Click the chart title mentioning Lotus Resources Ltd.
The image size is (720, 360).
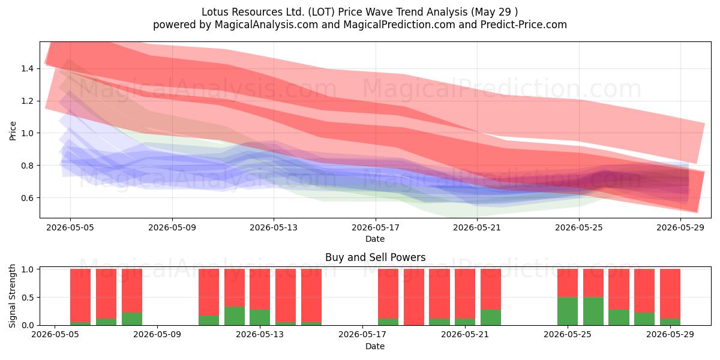(x=359, y=12)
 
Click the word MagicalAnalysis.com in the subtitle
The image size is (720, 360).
(x=266, y=25)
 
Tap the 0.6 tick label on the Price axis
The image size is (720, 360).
(x=28, y=197)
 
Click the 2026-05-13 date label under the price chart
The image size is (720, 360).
(x=274, y=227)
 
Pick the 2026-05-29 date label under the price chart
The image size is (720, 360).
(x=680, y=227)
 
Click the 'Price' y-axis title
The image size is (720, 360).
(x=13, y=131)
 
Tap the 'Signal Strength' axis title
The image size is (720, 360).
(x=12, y=296)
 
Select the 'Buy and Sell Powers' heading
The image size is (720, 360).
(x=376, y=257)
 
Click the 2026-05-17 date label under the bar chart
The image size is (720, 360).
(x=362, y=334)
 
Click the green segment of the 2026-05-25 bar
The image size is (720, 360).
(x=568, y=311)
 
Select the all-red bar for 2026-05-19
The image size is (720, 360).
(x=413, y=297)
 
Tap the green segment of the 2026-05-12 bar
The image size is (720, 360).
(x=235, y=316)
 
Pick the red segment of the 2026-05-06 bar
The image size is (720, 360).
(x=80, y=295)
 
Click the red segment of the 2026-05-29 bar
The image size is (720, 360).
(x=670, y=294)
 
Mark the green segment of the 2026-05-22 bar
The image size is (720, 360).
(x=491, y=317)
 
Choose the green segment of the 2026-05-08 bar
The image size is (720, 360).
(x=132, y=319)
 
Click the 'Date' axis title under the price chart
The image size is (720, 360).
(x=375, y=239)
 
